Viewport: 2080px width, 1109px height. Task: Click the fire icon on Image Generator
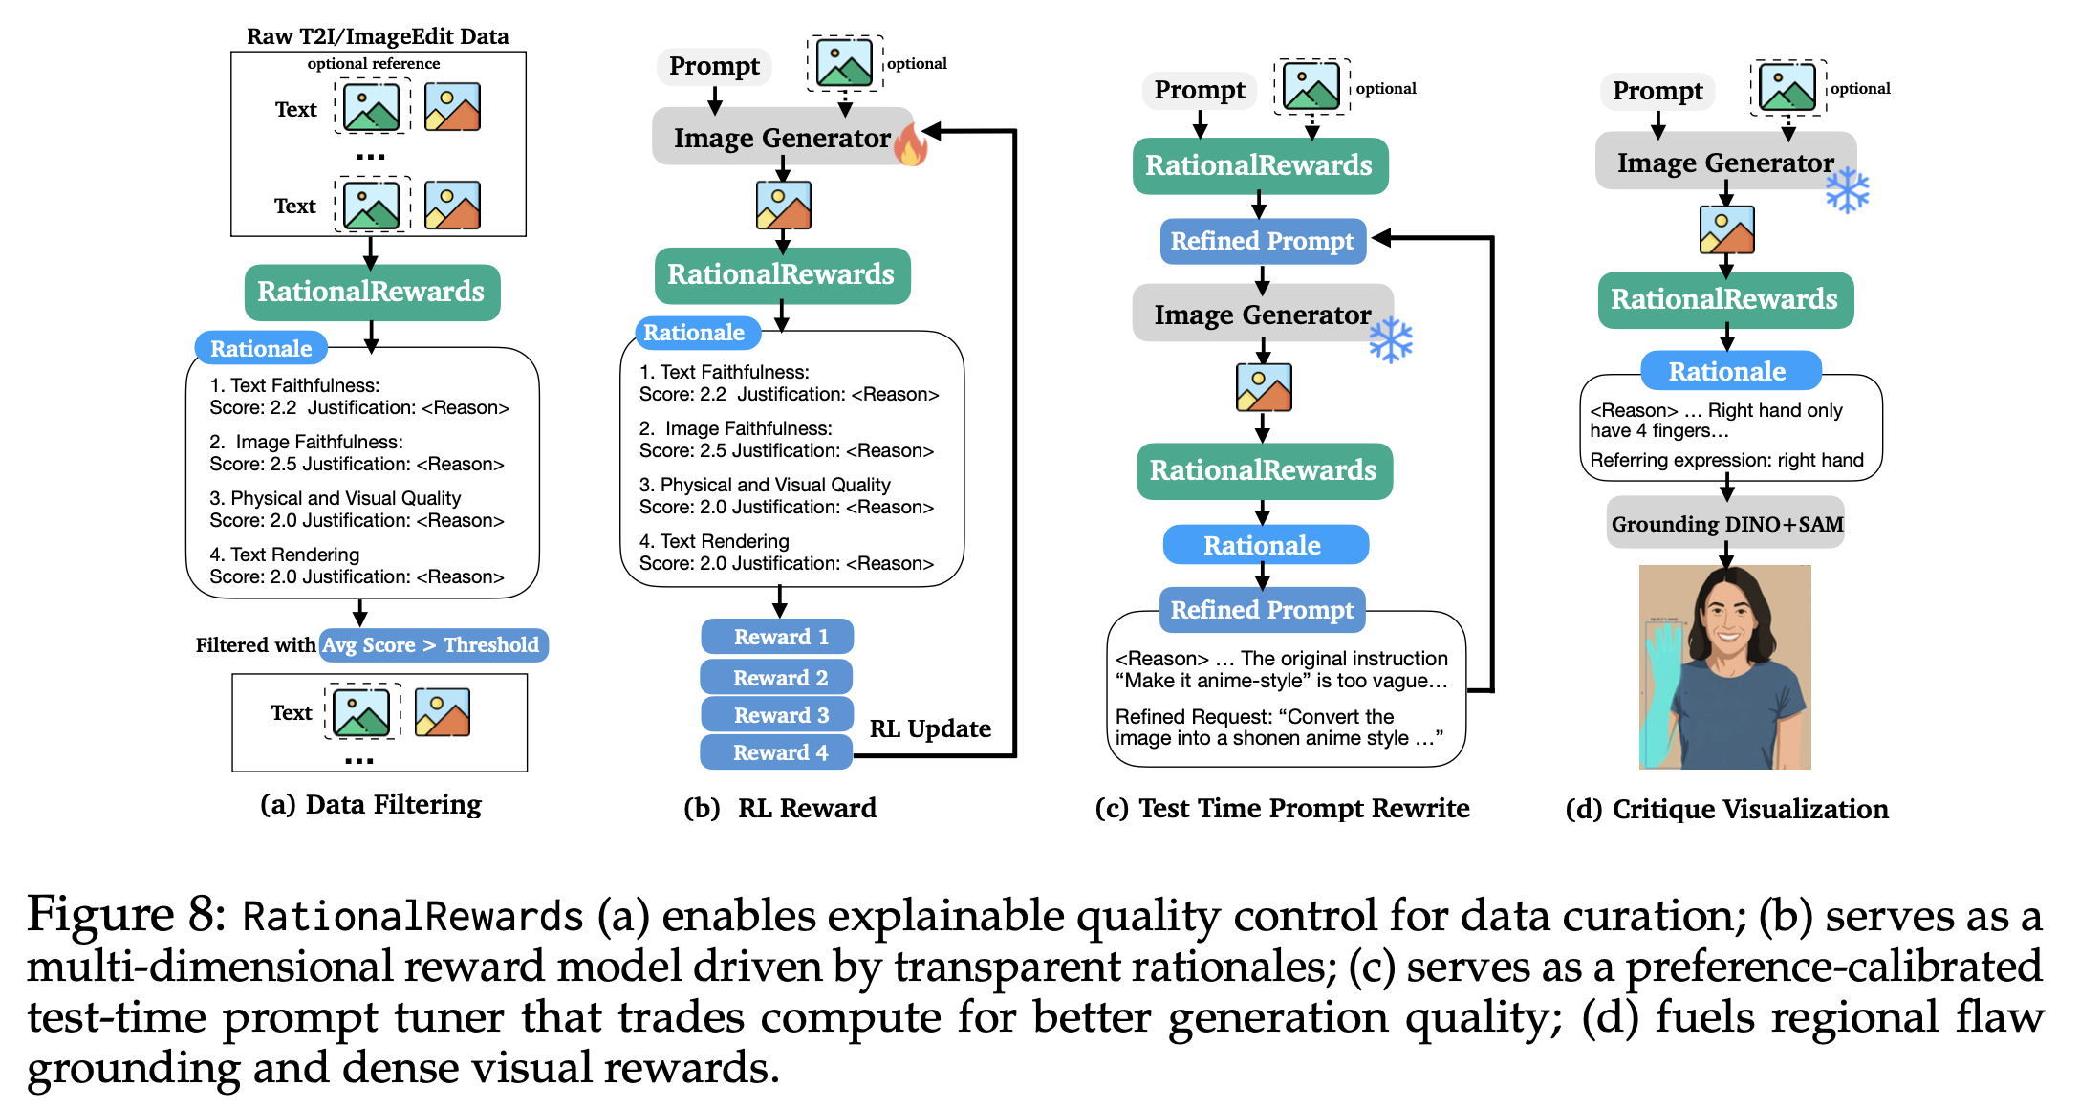click(911, 144)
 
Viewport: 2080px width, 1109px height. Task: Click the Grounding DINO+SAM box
click(1726, 524)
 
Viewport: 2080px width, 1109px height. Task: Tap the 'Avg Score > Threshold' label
click(432, 645)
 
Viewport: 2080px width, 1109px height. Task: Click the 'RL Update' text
click(929, 728)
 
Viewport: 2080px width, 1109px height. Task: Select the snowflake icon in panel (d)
click(1847, 190)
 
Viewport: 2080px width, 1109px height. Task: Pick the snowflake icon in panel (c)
click(1390, 339)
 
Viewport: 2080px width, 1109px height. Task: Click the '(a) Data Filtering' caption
click(371, 805)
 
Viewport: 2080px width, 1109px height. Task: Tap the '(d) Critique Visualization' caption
click(1726, 809)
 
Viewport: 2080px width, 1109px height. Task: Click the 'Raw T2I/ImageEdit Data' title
click(378, 36)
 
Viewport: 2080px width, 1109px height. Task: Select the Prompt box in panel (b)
click(714, 66)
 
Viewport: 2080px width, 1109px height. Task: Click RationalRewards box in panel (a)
click(371, 292)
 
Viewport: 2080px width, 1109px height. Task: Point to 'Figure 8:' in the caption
click(125, 915)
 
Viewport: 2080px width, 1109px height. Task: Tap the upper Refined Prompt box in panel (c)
click(1262, 241)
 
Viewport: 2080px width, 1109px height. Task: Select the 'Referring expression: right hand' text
click(1726, 460)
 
